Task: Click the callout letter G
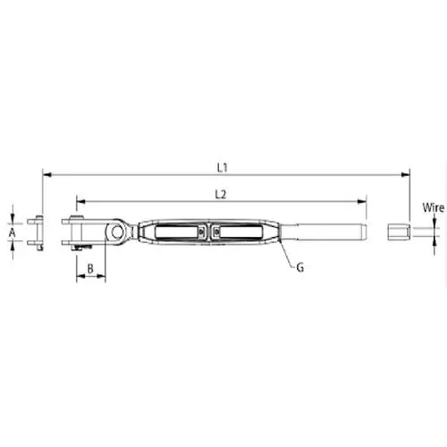299,266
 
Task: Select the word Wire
434,207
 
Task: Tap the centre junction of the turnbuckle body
207,233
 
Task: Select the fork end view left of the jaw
36,232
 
